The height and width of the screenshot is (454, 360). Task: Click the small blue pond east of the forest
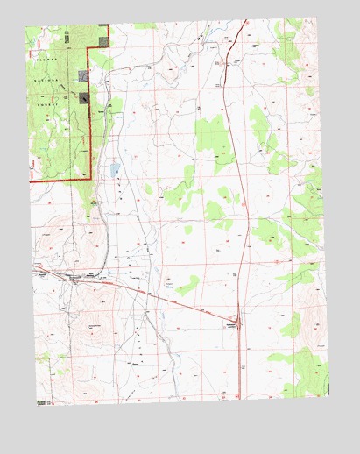pyautogui.click(x=115, y=168)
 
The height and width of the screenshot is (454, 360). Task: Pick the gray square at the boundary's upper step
pyautogui.click(x=104, y=39)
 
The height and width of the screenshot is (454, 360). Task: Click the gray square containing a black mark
pyautogui.click(x=85, y=99)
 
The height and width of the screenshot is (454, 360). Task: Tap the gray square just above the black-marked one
pyautogui.click(x=84, y=76)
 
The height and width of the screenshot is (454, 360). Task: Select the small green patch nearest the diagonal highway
pyautogui.click(x=186, y=286)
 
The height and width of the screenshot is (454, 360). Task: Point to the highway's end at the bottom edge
pyautogui.click(x=237, y=397)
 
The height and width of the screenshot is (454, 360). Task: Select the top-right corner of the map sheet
pyautogui.click(x=316, y=19)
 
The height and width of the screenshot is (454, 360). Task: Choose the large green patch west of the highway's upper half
pyautogui.click(x=210, y=134)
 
